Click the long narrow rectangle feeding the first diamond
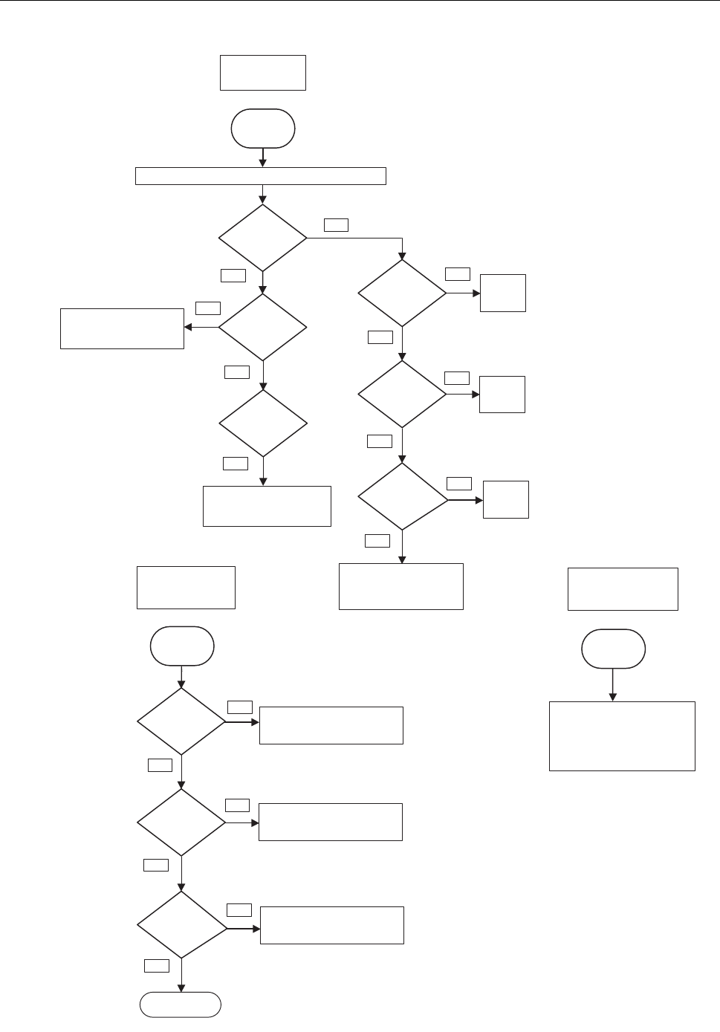coord(261,176)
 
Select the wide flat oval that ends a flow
coord(181,1005)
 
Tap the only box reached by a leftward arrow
coord(122,328)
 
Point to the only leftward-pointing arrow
coord(201,327)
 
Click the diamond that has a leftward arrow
coord(262,327)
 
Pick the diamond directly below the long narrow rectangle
coord(262,238)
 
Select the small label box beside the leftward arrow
coord(208,308)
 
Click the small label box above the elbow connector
coord(336,224)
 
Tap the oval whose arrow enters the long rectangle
coord(263,129)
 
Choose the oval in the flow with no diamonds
coord(614,649)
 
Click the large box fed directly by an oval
coord(622,736)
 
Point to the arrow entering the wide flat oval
coord(181,976)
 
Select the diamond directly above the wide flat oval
coord(182,925)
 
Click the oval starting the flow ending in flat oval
coord(182,646)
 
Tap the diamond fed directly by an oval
coord(181,721)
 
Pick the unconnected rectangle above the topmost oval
coord(263,73)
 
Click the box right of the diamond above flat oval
coord(331,925)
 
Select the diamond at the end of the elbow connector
coord(402,293)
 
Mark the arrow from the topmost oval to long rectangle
coord(263,158)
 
